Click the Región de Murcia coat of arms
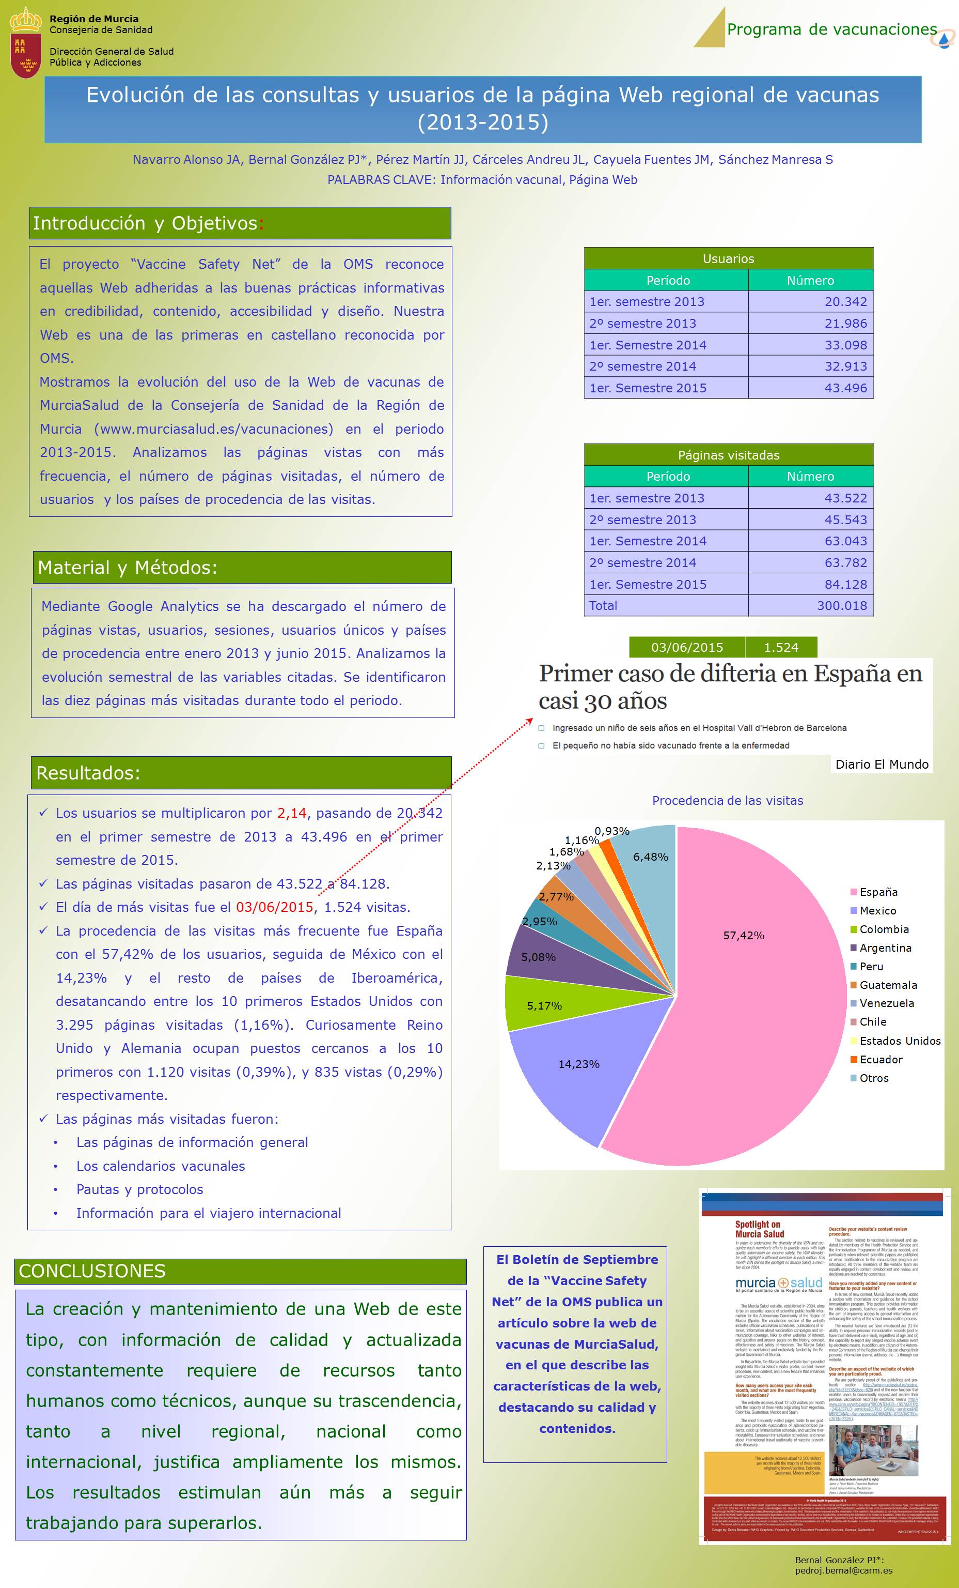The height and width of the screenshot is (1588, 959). point(26,42)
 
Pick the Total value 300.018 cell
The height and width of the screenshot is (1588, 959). point(810,606)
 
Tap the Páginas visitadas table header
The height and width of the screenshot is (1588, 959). point(729,455)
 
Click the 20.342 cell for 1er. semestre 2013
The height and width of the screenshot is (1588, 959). point(810,301)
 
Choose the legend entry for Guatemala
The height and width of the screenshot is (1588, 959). point(888,985)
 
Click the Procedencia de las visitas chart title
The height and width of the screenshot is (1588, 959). point(728,800)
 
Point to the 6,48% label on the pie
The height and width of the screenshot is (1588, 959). point(651,857)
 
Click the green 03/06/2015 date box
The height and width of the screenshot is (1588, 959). point(686,648)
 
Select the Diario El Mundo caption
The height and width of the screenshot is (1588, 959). point(882,765)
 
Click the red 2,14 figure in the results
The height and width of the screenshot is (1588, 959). point(292,813)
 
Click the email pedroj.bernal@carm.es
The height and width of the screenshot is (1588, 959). point(844,1570)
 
